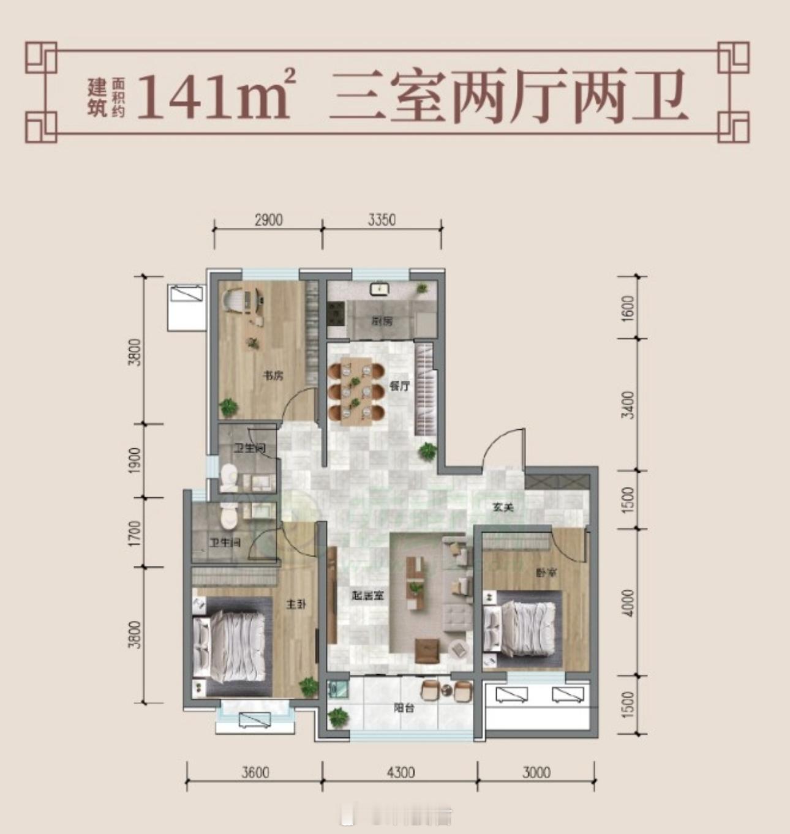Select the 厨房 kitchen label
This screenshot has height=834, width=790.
tap(381, 321)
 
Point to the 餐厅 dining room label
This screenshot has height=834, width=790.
tap(399, 386)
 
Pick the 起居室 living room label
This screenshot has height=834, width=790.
tap(368, 595)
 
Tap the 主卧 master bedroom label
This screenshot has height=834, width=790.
tap(296, 604)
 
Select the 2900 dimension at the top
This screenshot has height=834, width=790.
tap(268, 219)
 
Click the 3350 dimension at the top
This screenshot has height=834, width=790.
tap(382, 219)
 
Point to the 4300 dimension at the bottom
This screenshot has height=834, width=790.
tap(401, 772)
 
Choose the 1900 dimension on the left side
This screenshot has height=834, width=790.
tap(135, 459)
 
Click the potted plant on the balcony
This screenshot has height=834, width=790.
tap(337, 716)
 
